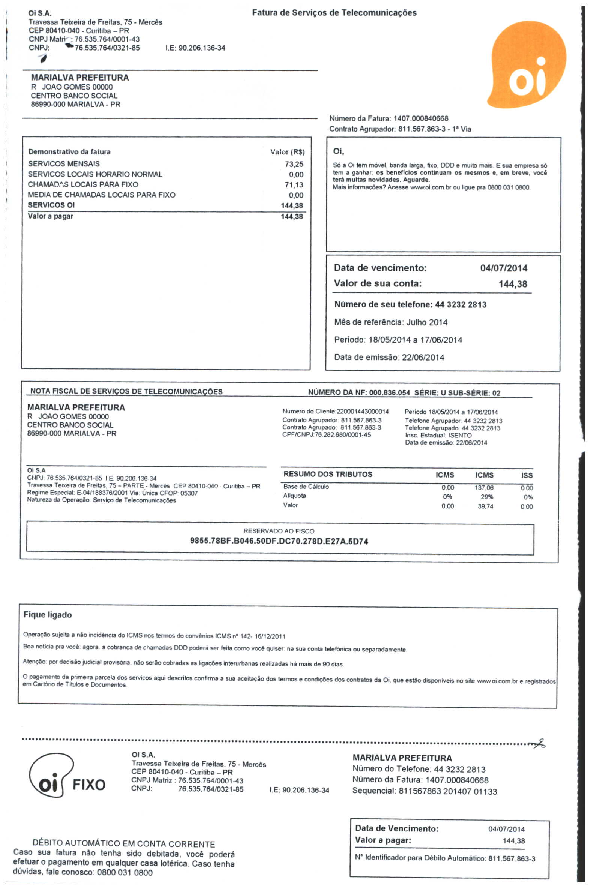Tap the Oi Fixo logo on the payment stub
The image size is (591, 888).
pyautogui.click(x=66, y=779)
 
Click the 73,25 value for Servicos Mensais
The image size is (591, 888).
pyautogui.click(x=294, y=164)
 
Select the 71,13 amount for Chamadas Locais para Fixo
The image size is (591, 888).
pyautogui.click(x=294, y=184)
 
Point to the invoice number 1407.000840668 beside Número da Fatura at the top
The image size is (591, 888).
pyautogui.click(x=421, y=119)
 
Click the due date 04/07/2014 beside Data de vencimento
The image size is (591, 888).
pyautogui.click(x=504, y=268)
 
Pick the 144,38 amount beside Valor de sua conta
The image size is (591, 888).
pyautogui.click(x=513, y=284)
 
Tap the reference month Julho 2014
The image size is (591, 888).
pyautogui.click(x=427, y=322)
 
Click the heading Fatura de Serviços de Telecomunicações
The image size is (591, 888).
pyautogui.click(x=334, y=13)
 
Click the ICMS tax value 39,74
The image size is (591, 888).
pyautogui.click(x=486, y=506)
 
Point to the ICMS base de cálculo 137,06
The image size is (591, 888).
pyautogui.click(x=484, y=488)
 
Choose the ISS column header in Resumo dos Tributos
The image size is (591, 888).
pyautogui.click(x=526, y=475)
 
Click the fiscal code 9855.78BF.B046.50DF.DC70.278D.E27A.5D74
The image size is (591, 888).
pyautogui.click(x=279, y=542)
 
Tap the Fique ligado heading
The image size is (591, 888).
pyautogui.click(x=48, y=615)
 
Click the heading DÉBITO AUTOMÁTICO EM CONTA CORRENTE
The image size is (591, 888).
pyautogui.click(x=124, y=844)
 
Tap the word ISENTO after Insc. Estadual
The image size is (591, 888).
pyautogui.click(x=459, y=435)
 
